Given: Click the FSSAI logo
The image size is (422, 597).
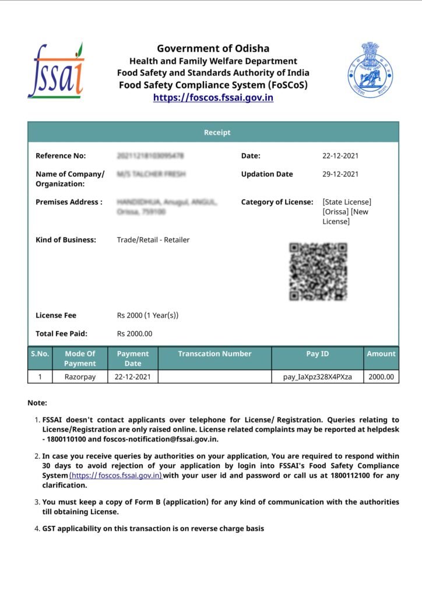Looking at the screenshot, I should tap(56, 71).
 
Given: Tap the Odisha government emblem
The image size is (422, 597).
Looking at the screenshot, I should tap(370, 69).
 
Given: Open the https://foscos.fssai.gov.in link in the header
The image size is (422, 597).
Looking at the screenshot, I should tap(213, 97).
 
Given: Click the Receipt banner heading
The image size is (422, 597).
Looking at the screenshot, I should tap(217, 132).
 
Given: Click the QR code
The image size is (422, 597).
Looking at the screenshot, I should tap(318, 272).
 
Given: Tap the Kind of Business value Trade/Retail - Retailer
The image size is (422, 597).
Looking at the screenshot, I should tap(153, 240).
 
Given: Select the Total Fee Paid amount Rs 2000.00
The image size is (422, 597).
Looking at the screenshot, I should tap(135, 333).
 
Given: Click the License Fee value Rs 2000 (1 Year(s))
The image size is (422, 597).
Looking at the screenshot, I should tap(147, 315).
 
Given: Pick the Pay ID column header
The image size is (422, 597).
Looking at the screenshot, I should tap(317, 354).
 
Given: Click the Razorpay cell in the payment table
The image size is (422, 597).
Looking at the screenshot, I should tap(80, 377).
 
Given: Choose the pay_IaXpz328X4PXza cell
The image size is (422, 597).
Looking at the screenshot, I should tap(317, 377).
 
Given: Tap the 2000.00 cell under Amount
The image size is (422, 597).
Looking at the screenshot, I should tap(381, 377).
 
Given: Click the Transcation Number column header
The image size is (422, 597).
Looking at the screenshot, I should tap(214, 354).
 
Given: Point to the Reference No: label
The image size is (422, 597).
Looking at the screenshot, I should tap(61, 156).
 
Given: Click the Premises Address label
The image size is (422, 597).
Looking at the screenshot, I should tap(69, 202).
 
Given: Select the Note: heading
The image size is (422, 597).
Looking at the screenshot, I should tap(37, 403).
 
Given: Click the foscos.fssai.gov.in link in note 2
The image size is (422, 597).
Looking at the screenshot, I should tap(115, 476).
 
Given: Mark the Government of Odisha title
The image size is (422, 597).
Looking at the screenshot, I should tap(213, 48).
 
